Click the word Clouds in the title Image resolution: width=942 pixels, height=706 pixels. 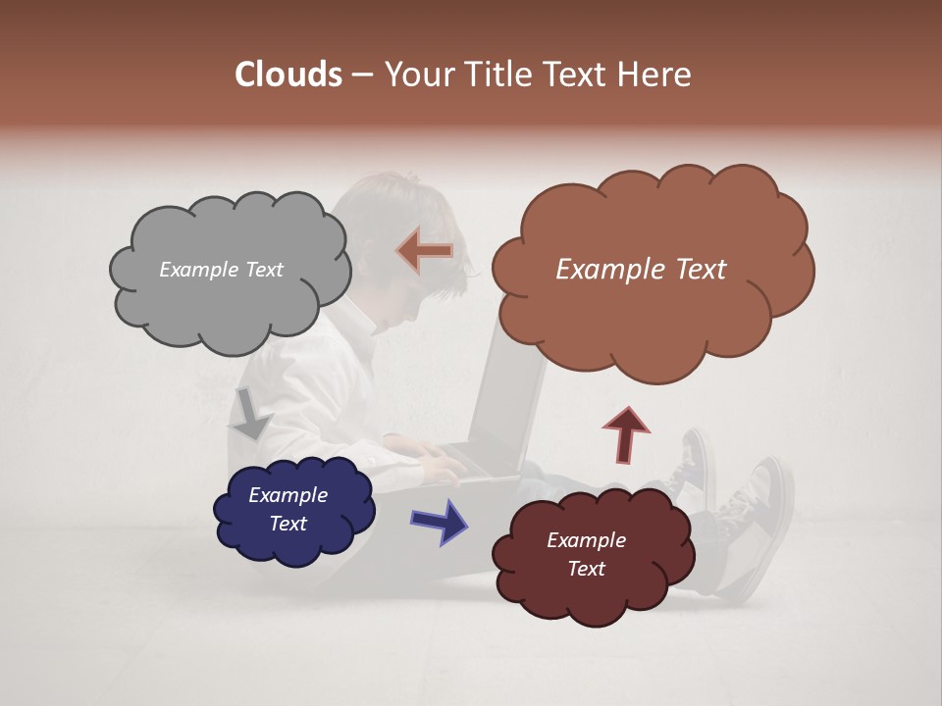click(288, 75)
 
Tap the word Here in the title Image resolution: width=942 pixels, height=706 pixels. click(654, 75)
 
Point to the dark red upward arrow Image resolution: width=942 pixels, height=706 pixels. click(626, 433)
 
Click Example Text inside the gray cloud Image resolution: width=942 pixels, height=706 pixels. click(221, 270)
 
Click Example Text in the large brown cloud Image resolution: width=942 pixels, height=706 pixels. click(641, 270)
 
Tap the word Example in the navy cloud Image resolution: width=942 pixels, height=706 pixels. click(288, 495)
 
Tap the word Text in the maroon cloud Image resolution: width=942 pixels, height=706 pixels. click(586, 569)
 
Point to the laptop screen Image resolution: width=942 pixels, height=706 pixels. click(510, 392)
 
